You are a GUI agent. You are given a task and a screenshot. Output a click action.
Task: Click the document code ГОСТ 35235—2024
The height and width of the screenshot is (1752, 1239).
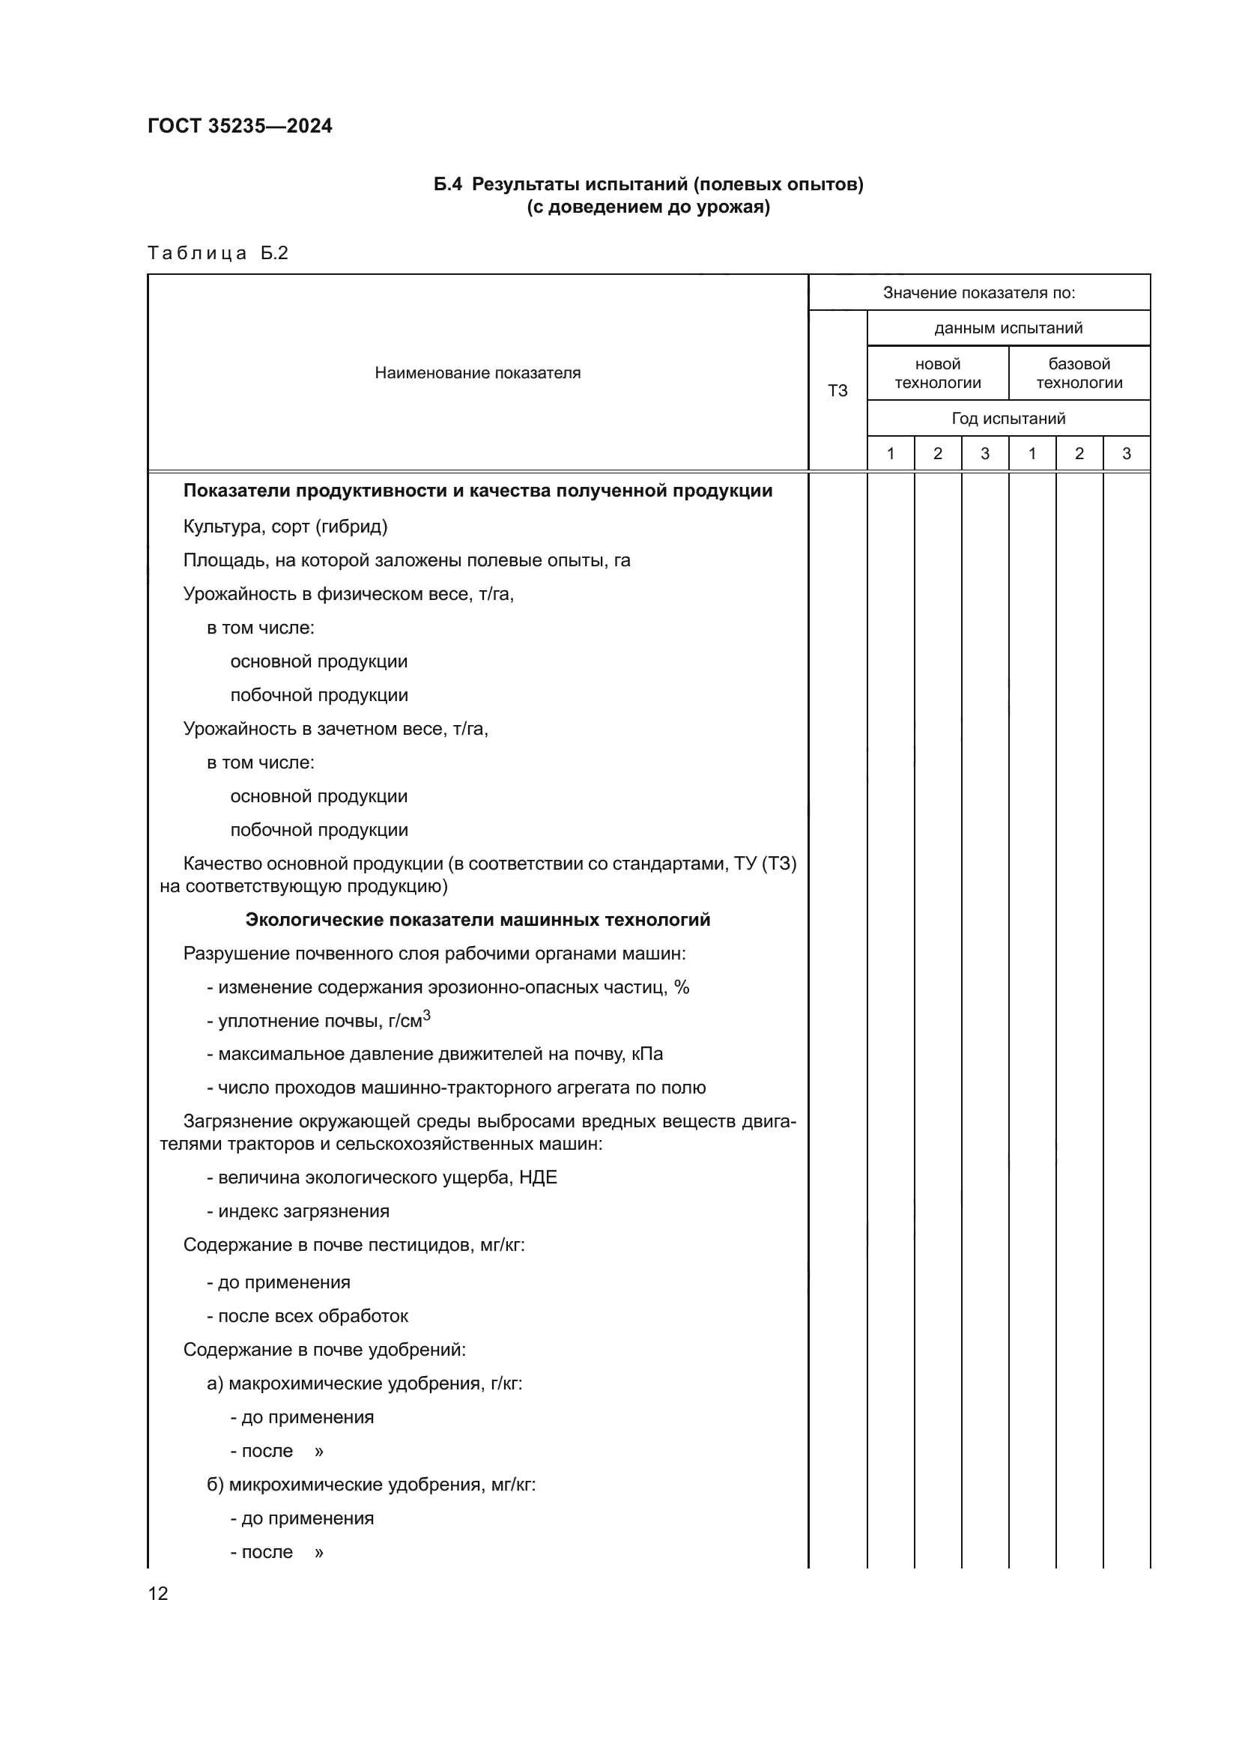pos(240,126)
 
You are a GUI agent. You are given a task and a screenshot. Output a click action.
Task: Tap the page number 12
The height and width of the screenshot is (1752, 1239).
pos(158,1593)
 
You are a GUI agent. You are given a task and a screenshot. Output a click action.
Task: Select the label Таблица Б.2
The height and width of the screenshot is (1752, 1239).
pos(217,253)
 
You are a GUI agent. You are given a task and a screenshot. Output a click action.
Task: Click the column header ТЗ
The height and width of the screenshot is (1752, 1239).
pos(837,391)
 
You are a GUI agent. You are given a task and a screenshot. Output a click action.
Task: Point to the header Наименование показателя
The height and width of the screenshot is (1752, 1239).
pos(478,373)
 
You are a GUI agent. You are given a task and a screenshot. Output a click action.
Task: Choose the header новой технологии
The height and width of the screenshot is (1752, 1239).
pos(937,373)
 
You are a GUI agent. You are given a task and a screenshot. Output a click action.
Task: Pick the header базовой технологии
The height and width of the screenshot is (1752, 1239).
pos(1079,373)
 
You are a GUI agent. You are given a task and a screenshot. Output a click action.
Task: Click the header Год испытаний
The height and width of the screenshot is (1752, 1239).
pos(1008,418)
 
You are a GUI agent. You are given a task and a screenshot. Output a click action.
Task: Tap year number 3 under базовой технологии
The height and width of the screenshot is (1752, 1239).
pos(1126,454)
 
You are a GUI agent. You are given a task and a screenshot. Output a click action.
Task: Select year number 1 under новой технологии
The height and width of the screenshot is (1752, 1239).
pos(891,454)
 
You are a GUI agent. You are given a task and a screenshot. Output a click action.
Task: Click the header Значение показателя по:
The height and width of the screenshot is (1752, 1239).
pos(979,292)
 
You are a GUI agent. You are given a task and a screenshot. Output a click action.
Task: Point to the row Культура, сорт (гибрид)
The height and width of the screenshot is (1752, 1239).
pos(285,527)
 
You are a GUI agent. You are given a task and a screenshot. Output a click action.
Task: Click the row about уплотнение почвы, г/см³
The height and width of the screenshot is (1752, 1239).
pos(318,1020)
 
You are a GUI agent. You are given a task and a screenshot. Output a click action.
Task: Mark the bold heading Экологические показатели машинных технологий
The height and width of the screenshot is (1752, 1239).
pos(478,920)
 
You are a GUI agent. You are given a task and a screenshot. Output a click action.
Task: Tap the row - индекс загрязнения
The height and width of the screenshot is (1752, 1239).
pos(297,1211)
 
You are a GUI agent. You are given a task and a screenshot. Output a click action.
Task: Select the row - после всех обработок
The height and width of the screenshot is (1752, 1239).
pos(306,1315)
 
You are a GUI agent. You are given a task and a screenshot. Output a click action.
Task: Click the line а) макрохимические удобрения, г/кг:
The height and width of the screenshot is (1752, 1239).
pos(364,1383)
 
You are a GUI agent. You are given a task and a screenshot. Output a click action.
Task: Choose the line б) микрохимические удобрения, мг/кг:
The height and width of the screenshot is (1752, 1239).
pos(371,1484)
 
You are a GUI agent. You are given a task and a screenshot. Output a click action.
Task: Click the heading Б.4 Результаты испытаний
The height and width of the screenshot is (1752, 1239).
pos(649,185)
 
